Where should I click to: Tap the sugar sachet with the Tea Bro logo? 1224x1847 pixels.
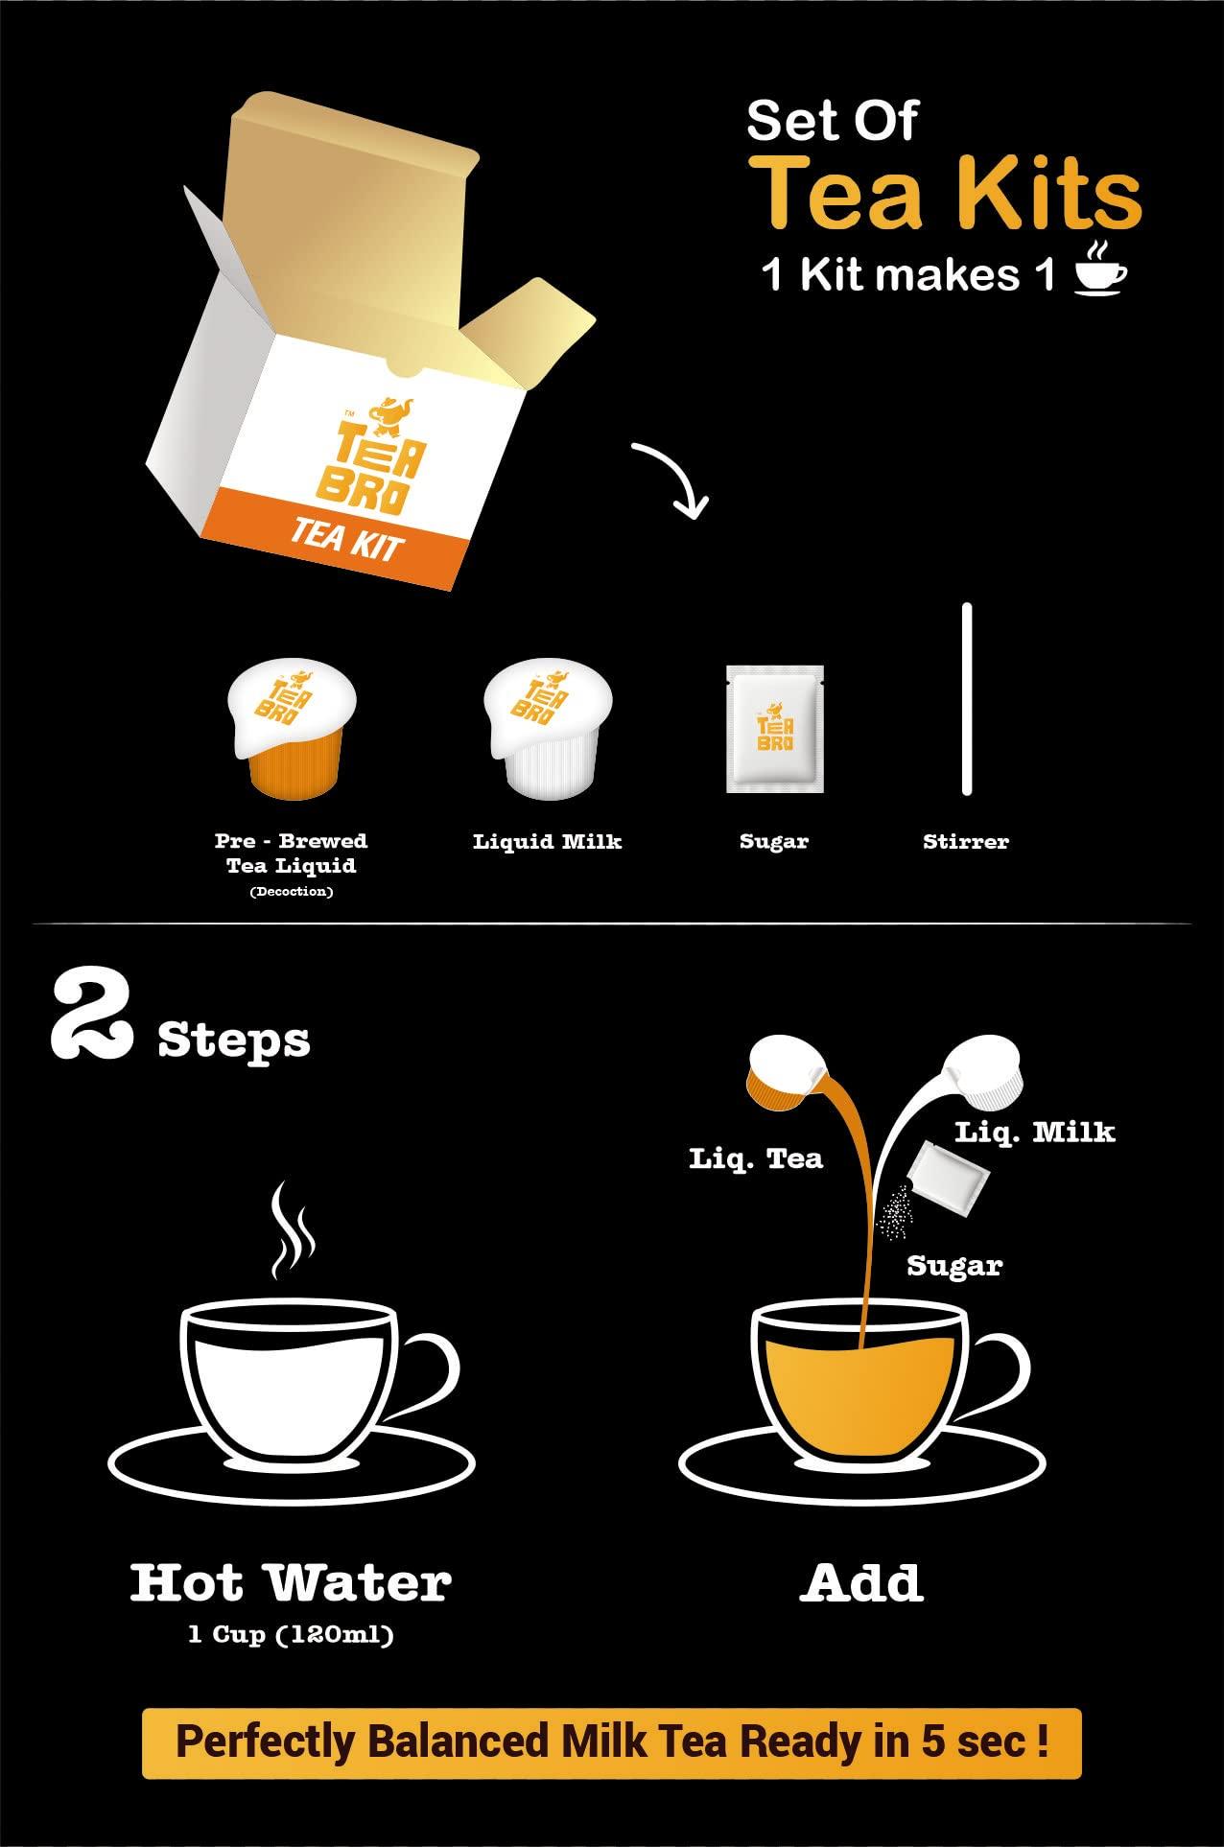[774, 729]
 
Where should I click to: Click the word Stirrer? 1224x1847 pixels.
[965, 842]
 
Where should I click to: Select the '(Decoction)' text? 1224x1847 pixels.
[292, 892]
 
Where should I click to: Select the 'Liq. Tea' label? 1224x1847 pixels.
[756, 1158]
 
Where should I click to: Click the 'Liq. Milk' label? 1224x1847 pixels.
[1034, 1133]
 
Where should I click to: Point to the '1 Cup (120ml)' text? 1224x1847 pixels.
[291, 1634]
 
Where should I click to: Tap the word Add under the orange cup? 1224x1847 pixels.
[860, 1583]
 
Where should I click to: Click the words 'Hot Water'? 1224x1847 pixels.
[291, 1583]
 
